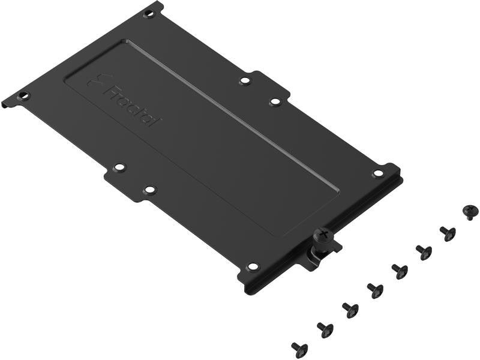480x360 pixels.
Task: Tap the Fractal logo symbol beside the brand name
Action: point(95,80)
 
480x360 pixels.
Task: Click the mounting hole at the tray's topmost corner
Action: point(149,13)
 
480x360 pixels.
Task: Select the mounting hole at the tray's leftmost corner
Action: point(23,95)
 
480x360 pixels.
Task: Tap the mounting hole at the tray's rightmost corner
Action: point(378,173)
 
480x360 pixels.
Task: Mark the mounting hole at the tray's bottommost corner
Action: point(253,266)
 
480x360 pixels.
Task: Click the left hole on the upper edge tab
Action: point(245,80)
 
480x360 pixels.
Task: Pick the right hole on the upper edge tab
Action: point(275,101)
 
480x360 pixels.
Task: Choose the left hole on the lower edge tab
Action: point(119,167)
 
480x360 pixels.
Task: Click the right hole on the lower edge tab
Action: point(150,190)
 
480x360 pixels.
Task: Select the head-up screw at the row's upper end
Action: point(470,211)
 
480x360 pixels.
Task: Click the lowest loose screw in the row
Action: point(299,349)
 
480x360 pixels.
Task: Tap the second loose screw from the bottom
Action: point(325,329)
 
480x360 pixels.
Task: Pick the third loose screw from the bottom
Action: point(350,310)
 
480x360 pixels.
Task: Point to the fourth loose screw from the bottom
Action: point(375,290)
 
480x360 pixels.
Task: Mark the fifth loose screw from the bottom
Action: point(400,271)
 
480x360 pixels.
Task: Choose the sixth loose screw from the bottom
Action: point(424,252)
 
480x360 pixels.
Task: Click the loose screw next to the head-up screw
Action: point(447,233)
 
